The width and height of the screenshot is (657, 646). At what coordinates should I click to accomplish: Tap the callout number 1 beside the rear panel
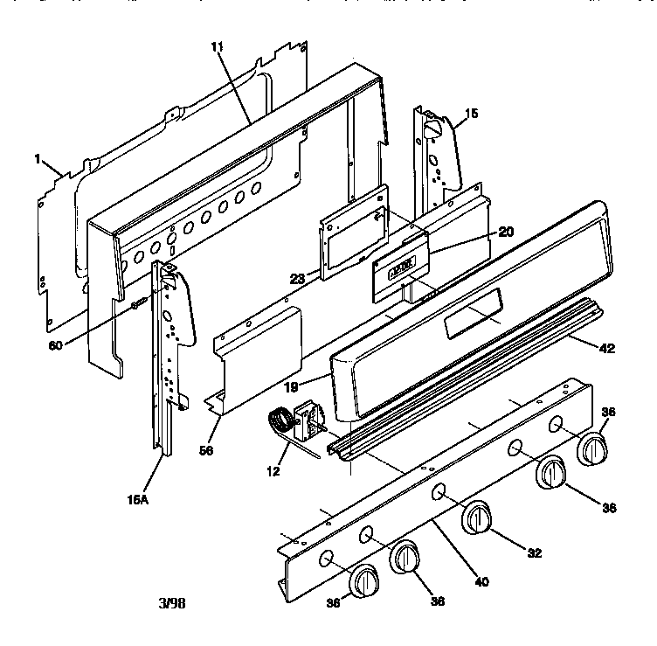click(38, 158)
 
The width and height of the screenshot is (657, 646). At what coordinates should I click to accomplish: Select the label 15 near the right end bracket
click(472, 113)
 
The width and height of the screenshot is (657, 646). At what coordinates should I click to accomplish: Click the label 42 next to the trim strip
click(607, 348)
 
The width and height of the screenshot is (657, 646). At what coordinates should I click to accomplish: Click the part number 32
click(534, 552)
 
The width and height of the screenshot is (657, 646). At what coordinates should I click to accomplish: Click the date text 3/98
click(171, 603)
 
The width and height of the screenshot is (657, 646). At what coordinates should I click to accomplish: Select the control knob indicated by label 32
click(477, 517)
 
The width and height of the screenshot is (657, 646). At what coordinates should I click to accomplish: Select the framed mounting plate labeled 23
click(354, 233)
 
